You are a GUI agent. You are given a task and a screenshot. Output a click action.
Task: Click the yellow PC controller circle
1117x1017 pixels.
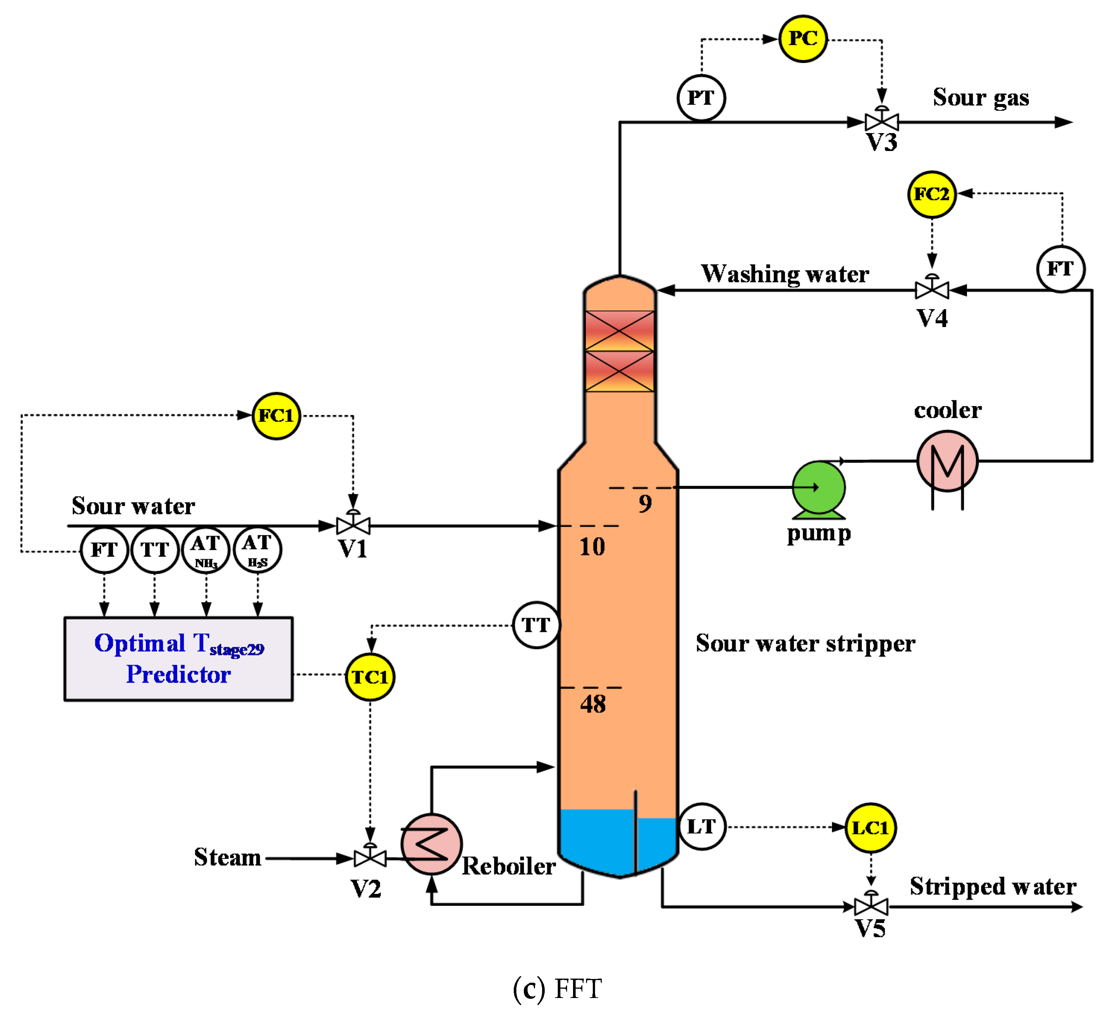point(802,39)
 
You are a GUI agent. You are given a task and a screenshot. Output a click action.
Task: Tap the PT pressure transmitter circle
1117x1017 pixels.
point(701,98)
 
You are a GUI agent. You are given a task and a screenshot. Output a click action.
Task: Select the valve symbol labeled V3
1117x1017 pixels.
point(881,121)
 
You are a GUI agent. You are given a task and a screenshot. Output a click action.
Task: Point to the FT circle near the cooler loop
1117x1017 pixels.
point(1060,269)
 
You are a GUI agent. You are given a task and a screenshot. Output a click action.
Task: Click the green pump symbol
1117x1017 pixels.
point(818,488)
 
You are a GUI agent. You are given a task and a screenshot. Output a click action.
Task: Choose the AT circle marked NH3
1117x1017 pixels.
point(205,550)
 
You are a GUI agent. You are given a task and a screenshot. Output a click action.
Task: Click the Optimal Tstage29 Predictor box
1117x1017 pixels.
point(179,659)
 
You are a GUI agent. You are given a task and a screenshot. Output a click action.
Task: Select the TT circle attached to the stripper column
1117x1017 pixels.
point(535,626)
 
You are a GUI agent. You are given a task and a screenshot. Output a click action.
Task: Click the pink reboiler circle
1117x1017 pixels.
point(431,844)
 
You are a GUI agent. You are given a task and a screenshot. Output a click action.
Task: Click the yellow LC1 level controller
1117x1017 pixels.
point(870,828)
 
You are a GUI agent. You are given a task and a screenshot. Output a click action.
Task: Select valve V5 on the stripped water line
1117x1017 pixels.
point(871,906)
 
